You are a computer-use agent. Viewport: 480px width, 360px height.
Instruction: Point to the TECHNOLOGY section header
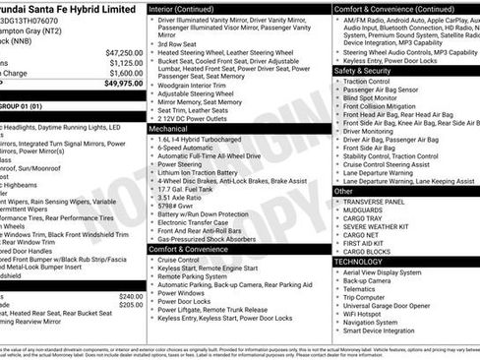(358, 262)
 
